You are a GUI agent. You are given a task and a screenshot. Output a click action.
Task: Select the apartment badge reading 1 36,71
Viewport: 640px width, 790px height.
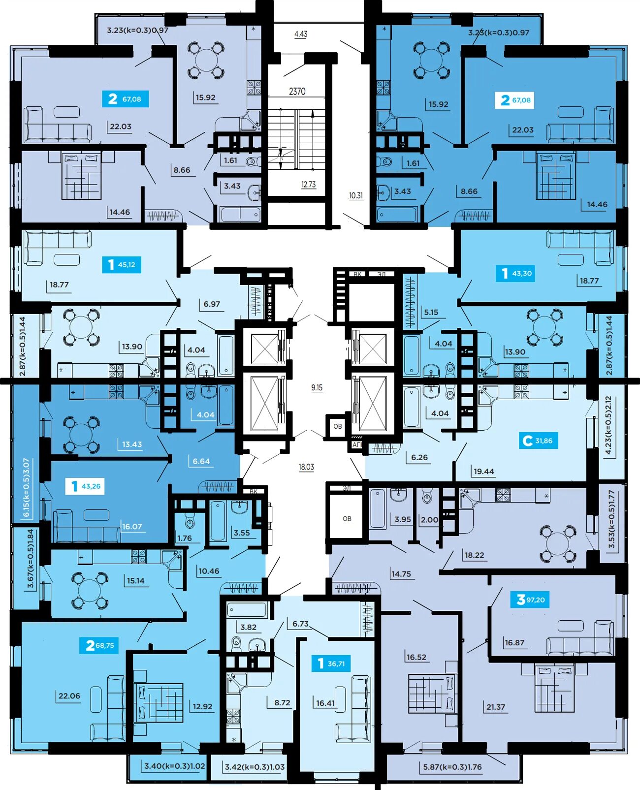(x=331, y=664)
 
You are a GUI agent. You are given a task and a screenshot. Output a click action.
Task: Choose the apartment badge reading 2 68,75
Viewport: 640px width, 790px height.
(x=99, y=645)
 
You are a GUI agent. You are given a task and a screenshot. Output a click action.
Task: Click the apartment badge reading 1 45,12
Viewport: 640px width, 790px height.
(x=121, y=265)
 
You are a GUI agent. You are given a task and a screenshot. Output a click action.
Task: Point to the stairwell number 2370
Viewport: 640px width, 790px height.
(x=297, y=92)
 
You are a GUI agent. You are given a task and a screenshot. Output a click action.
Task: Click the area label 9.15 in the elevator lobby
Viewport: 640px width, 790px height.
(x=317, y=388)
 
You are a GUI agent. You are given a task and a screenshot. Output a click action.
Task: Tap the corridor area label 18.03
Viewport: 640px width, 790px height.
(x=306, y=467)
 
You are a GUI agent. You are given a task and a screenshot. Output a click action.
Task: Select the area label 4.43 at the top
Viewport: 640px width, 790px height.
(x=301, y=34)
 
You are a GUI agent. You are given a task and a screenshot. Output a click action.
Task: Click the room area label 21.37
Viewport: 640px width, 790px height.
(x=496, y=707)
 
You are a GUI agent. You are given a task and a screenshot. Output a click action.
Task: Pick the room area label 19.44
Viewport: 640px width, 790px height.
(x=483, y=471)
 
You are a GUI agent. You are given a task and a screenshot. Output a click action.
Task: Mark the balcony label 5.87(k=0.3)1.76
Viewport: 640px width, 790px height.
(x=452, y=767)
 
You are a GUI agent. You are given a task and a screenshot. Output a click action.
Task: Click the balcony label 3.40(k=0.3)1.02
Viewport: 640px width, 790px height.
(x=175, y=766)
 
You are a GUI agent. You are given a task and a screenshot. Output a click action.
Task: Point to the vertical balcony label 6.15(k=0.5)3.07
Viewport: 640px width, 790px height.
(x=27, y=488)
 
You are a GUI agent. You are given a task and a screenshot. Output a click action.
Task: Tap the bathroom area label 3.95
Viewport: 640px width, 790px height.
(x=402, y=519)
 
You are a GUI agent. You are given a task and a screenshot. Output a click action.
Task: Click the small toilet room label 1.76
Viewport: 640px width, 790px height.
(x=184, y=538)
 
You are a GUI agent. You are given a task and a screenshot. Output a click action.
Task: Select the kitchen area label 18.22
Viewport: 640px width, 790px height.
(x=474, y=555)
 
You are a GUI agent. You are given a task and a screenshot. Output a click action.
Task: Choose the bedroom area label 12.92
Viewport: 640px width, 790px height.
(x=202, y=706)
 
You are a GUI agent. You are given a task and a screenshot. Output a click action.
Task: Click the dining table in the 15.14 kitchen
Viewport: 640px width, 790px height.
(x=90, y=589)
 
